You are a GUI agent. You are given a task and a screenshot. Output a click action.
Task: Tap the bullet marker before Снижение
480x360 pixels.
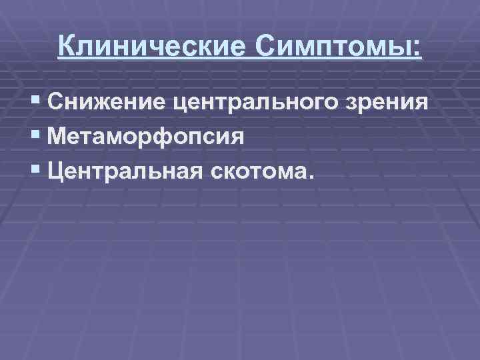(x=35, y=103)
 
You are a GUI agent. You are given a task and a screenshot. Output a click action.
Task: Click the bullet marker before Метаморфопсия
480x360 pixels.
(x=35, y=137)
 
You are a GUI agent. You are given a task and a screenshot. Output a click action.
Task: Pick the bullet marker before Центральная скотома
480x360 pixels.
(x=35, y=172)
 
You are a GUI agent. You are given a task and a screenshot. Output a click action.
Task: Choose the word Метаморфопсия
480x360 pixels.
(x=147, y=138)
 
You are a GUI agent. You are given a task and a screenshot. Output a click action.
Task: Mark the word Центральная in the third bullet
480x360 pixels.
(x=131, y=173)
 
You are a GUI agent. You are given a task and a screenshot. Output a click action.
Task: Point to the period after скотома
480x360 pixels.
(x=307, y=178)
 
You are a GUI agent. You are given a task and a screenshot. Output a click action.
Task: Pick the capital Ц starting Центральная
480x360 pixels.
(x=57, y=173)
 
